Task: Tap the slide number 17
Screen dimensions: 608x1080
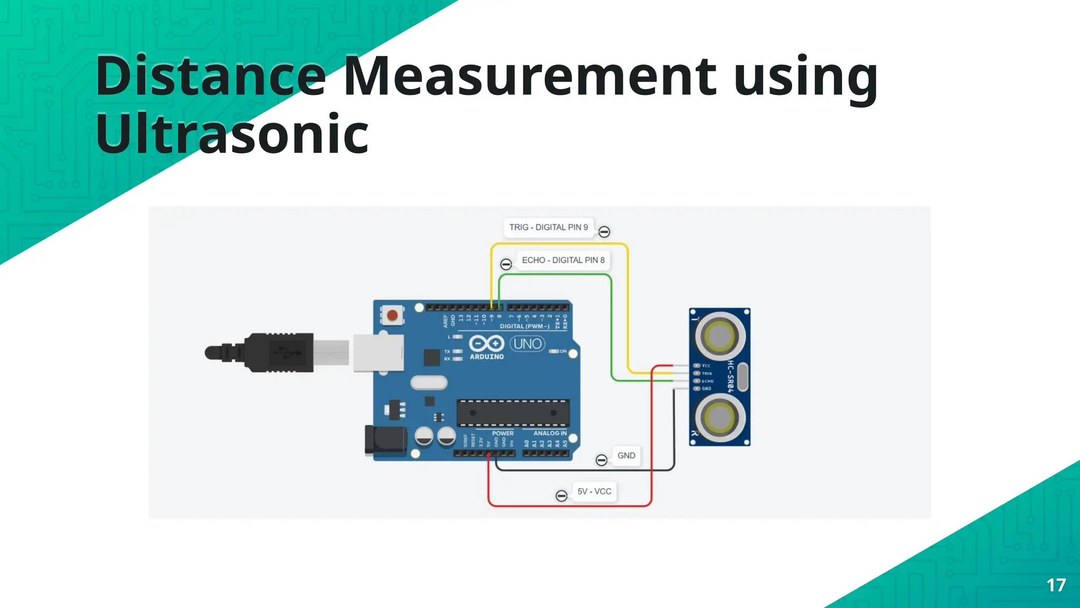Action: (1056, 585)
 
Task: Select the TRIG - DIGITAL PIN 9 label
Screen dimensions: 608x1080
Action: (548, 227)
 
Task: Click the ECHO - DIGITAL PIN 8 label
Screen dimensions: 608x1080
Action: (563, 260)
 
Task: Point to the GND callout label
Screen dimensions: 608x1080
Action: (626, 455)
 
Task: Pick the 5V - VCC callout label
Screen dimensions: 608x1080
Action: (594, 491)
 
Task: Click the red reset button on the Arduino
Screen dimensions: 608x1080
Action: (392, 316)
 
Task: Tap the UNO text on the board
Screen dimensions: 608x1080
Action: (527, 344)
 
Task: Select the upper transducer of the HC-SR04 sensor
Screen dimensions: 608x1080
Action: (720, 335)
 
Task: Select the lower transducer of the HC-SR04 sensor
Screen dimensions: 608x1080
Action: (720, 417)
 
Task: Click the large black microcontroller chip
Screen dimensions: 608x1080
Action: (513, 413)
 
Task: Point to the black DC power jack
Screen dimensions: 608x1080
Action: (385, 440)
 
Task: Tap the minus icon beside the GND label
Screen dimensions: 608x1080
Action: (601, 460)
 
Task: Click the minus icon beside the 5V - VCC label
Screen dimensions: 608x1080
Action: (562, 496)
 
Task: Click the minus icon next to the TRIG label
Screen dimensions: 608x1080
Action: (604, 232)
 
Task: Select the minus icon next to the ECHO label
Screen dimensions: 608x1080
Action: (506, 264)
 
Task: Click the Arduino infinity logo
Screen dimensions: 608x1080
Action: (486, 344)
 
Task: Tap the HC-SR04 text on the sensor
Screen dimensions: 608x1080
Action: (730, 376)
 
